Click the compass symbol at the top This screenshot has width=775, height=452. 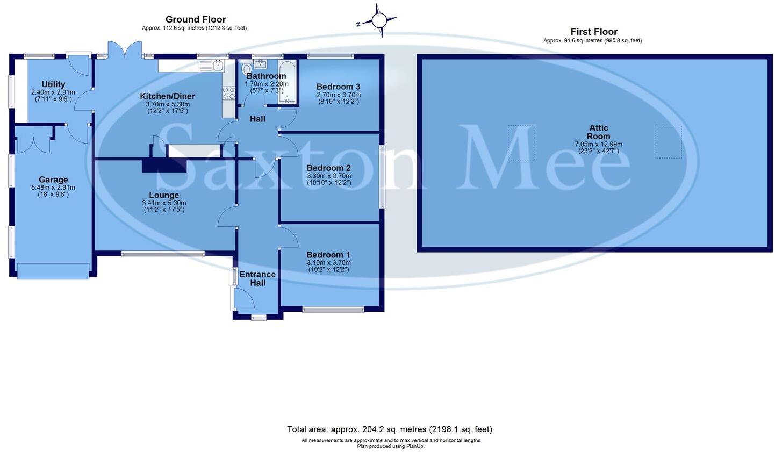379,20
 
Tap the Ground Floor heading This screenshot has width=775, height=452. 196,19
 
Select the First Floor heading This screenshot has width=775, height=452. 594,32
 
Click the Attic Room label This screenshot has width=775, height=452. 599,132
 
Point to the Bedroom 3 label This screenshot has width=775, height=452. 339,87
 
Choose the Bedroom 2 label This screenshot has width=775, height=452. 329,168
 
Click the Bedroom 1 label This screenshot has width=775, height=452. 328,255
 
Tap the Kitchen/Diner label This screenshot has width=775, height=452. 168,96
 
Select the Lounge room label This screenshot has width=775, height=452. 164,195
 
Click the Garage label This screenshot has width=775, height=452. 53,180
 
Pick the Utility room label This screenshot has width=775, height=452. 53,84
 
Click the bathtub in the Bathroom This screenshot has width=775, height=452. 287,82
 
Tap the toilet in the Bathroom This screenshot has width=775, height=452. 247,68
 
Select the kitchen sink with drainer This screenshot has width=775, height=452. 211,66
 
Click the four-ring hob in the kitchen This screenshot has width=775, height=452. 229,93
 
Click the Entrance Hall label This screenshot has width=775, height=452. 258,278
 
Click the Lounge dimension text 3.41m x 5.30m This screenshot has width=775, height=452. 164,203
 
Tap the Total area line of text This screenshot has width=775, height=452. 390,429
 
